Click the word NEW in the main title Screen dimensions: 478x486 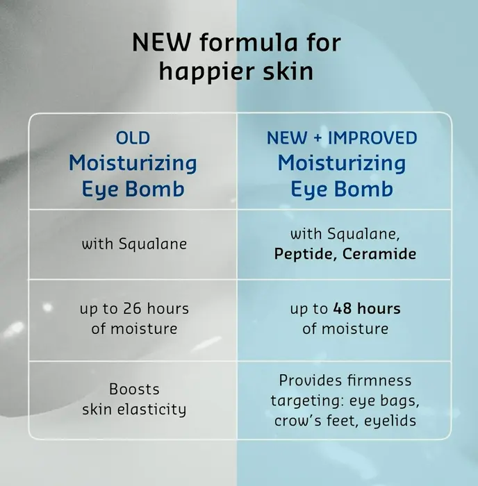coord(161,42)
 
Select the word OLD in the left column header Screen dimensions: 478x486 coord(133,138)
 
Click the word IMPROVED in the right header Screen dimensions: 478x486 coord(372,138)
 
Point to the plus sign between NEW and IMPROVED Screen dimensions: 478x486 coord(318,138)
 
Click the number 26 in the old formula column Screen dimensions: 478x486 coord(132,309)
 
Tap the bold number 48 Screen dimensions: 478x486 coord(343,309)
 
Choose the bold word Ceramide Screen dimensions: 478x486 coord(379,254)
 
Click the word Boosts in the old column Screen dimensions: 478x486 coord(134,389)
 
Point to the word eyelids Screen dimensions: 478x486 coord(390,421)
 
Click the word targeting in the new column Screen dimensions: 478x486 coord(307,401)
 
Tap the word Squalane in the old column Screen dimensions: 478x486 coord(153,244)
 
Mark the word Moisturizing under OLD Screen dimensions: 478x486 coord(133,163)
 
